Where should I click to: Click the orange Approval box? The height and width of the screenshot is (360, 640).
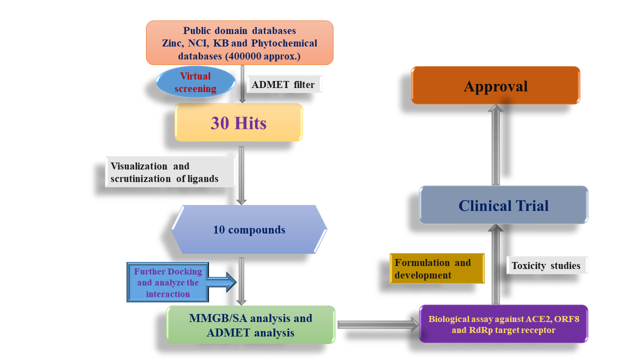[495, 85]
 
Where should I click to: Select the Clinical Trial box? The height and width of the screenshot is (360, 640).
[503, 205]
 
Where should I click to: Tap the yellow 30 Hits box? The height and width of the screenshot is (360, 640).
[238, 122]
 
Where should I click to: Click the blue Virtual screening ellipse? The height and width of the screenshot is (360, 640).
[195, 82]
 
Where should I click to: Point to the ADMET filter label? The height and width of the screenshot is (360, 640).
[284, 84]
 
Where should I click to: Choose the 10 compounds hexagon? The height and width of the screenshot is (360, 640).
[249, 229]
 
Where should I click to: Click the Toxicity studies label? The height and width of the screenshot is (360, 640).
[547, 265]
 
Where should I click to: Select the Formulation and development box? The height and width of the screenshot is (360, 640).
[437, 268]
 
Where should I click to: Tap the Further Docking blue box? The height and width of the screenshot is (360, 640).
[167, 282]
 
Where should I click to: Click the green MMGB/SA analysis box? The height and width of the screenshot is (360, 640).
[250, 325]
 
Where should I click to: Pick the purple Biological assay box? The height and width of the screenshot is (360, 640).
[503, 324]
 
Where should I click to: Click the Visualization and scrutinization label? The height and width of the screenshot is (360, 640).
[170, 172]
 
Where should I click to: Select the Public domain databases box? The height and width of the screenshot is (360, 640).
[239, 43]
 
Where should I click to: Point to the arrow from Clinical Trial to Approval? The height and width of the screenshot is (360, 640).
[495, 145]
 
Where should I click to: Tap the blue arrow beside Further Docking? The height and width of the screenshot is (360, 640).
[221, 282]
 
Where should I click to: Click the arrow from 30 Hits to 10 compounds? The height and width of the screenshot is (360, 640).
[241, 175]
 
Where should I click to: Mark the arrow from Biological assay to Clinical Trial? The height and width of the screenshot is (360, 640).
[495, 264]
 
